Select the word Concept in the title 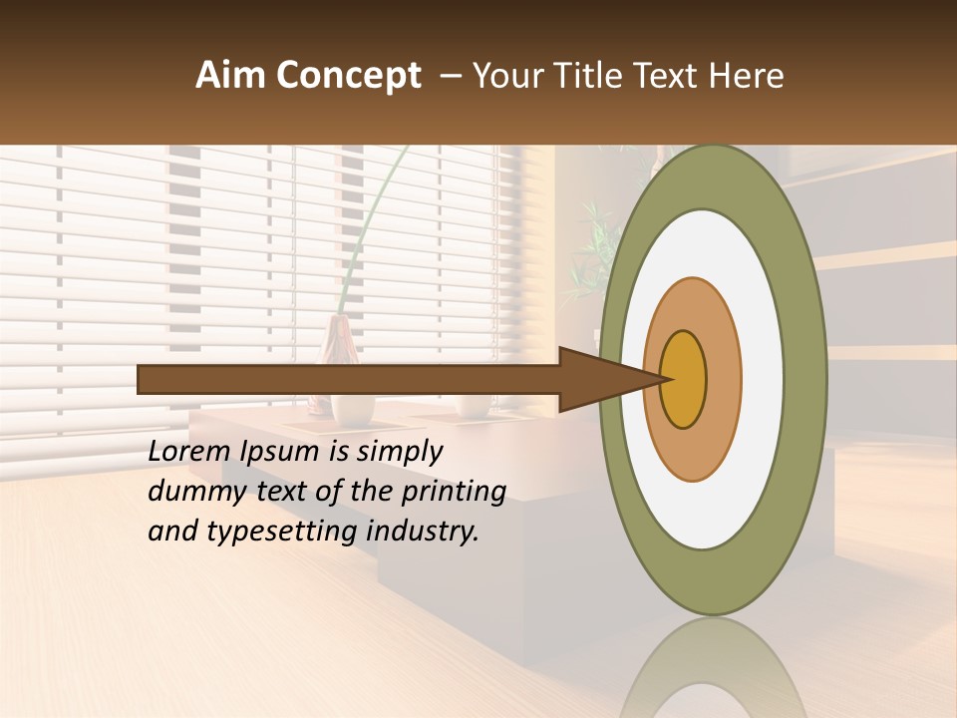tap(348, 76)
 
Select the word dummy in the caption tap(190, 492)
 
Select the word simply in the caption tap(399, 452)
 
